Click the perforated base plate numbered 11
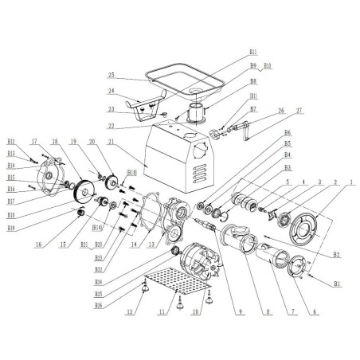(175, 282)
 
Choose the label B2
(336, 255)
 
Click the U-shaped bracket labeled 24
(147, 104)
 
